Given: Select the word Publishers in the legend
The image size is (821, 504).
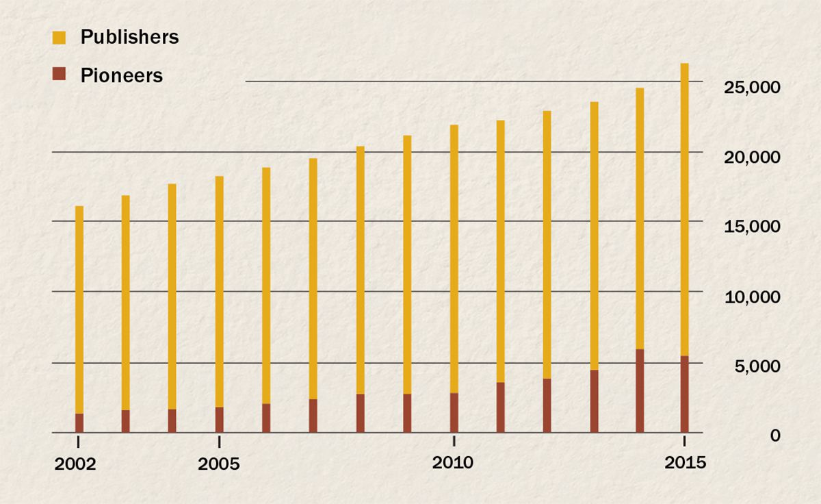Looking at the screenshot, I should coord(129,38).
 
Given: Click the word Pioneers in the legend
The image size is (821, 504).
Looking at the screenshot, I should coord(121,75).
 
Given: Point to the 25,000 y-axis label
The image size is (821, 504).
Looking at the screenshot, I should coord(751,88).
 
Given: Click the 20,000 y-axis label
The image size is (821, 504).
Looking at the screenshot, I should coord(751,157).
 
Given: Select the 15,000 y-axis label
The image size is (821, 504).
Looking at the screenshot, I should coord(751,227).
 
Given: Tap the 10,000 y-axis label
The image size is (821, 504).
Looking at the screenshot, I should coord(751,297).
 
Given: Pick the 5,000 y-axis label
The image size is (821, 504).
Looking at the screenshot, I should coord(755,366).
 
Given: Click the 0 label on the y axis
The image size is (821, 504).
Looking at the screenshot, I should coord(774,436).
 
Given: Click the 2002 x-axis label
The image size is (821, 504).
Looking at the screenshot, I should coord(75,464).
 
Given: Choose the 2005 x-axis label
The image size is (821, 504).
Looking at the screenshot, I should coord(218,464).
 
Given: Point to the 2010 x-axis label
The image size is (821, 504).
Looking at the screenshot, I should coord(453,463).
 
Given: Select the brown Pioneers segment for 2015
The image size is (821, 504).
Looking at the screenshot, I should coord(684,394).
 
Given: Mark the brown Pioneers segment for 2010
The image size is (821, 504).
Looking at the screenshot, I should coord(454,412).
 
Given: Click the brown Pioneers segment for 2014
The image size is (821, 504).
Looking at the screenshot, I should coord(640,390).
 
